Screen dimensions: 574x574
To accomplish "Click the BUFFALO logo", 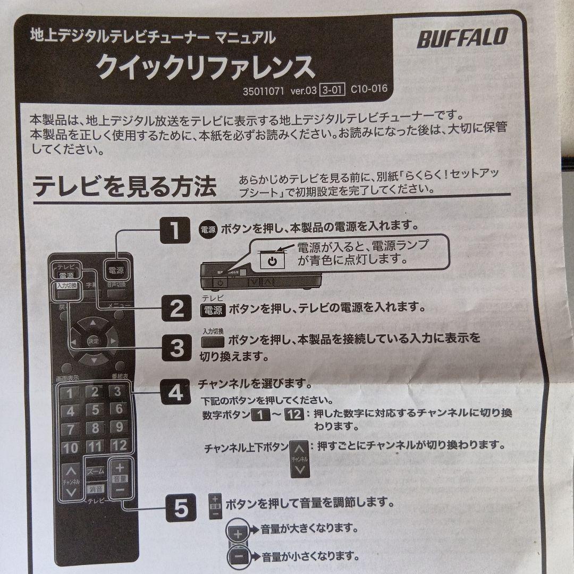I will click(462, 38).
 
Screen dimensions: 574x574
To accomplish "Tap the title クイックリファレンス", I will click(205, 67).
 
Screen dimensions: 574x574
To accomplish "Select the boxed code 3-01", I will click(332, 90).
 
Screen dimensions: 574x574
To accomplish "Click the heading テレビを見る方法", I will click(125, 187).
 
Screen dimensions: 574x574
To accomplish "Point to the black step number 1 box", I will click(175, 231).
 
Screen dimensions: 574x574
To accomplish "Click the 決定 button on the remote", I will click(94, 341).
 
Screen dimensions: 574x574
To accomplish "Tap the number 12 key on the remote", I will click(119, 445).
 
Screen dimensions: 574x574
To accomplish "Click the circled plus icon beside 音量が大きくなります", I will click(238, 531).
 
